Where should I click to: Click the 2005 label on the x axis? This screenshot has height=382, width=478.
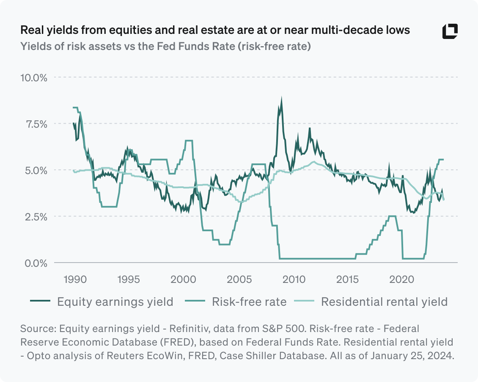pos(239,280)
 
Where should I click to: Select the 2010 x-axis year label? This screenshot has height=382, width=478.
pos(294,280)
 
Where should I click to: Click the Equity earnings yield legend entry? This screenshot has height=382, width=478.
pos(102,302)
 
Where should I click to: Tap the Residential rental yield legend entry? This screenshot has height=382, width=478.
pos(372,302)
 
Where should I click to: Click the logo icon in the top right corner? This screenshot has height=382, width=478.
pos(450,32)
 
